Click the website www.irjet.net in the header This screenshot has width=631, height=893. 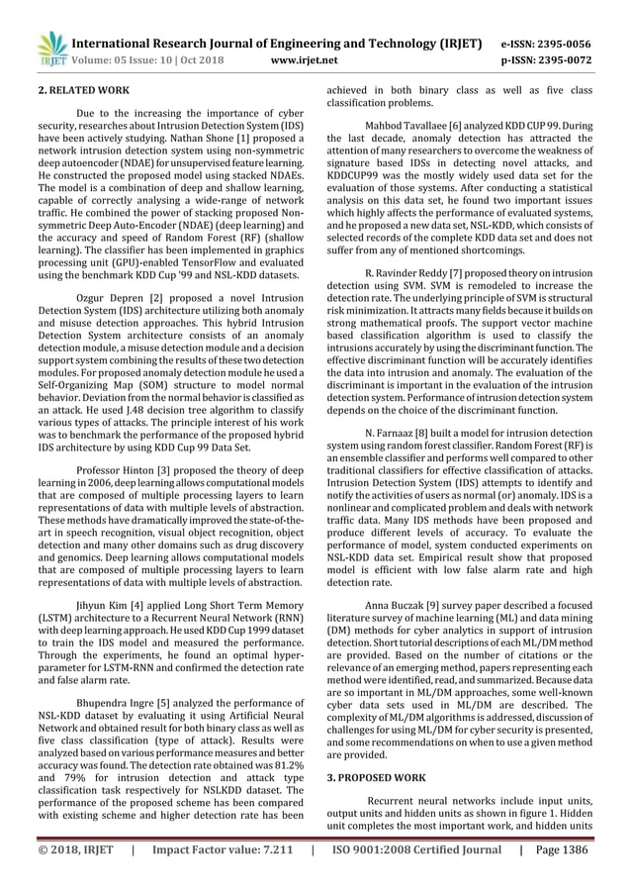(x=308, y=60)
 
